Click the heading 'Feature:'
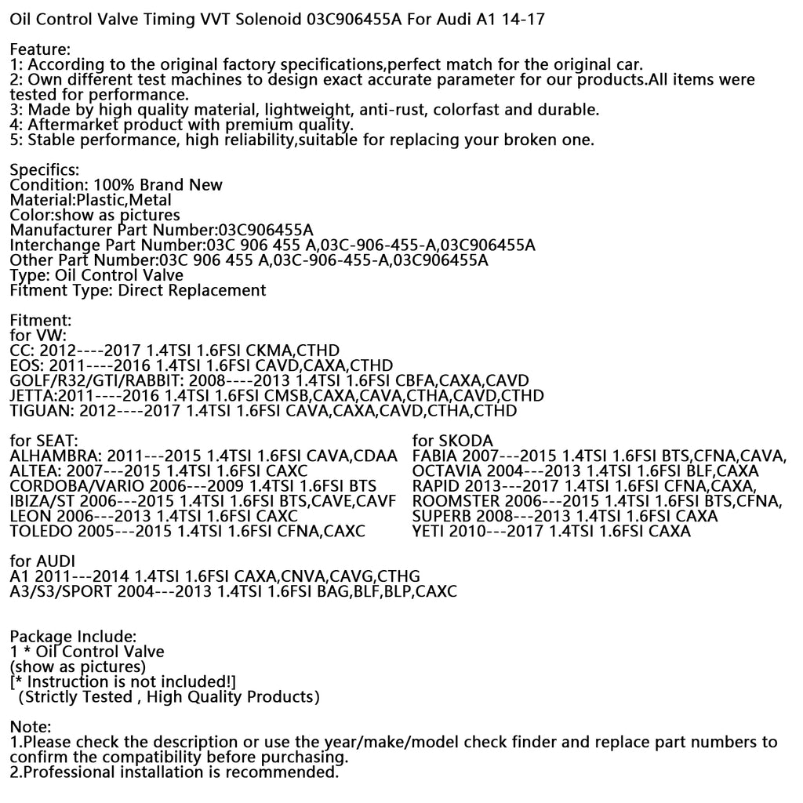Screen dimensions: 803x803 (40, 49)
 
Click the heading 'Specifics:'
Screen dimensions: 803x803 (44, 170)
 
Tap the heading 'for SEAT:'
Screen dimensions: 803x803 (44, 441)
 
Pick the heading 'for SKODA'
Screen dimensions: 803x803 (452, 441)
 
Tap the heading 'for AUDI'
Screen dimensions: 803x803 (42, 561)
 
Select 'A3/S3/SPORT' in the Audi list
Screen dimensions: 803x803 (60, 592)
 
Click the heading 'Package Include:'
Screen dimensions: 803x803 (73, 637)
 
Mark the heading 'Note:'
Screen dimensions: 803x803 (30, 727)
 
